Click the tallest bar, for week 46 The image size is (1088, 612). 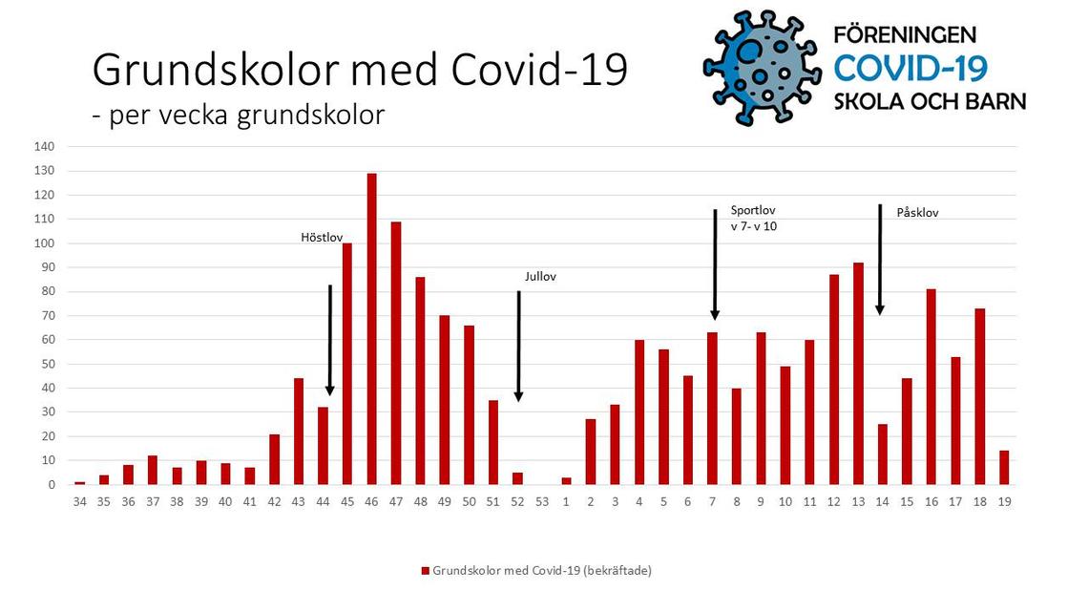(371, 328)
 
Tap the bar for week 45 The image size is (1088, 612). (347, 364)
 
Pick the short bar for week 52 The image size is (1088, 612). (517, 478)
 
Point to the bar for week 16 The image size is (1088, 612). (931, 387)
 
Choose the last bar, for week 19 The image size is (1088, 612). (1004, 468)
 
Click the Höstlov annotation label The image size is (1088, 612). (322, 238)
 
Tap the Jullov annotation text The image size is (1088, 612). (540, 276)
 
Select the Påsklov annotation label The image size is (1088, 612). (917, 213)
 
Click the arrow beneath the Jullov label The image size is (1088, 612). (518, 347)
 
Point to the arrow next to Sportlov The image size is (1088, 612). (715, 264)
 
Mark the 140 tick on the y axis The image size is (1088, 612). (44, 146)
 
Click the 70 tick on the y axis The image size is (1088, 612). (47, 316)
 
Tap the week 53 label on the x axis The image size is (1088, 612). (542, 501)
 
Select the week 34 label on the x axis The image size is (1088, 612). (80, 501)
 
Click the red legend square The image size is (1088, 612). (426, 571)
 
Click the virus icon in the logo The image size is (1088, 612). (762, 67)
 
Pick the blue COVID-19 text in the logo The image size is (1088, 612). (910, 69)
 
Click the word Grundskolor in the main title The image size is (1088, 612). (216, 71)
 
